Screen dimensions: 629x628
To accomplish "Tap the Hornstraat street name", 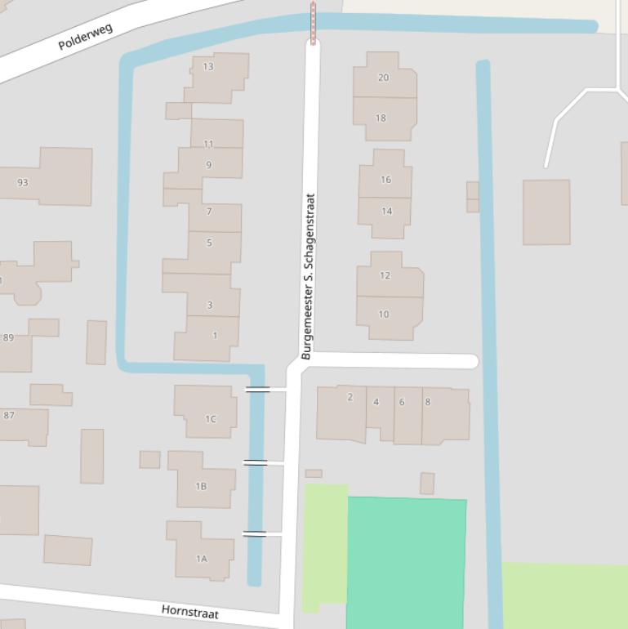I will coord(189,611).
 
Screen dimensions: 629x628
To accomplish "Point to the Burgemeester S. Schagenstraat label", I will coord(307,276).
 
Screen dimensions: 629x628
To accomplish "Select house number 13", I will coord(208,66).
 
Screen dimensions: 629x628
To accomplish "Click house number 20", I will coord(384,78).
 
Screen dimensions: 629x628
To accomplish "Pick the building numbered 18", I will coord(381,118).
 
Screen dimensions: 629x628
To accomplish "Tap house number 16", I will coord(385,180).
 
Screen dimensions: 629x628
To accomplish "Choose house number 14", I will coord(386,211).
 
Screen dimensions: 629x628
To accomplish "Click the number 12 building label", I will coord(385,275).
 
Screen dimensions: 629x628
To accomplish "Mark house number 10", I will coord(384,314).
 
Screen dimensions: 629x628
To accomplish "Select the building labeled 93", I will coord(23,182).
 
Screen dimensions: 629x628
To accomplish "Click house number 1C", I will coord(211,419).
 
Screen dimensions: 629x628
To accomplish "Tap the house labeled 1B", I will coord(201,486).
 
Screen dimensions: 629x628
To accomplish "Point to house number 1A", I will coord(201,559).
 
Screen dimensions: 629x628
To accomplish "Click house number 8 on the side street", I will coord(427,402).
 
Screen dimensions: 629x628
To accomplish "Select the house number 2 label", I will coord(350,397).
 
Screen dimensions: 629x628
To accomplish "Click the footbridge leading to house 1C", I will coord(257,390).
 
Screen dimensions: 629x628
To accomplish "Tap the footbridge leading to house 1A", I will coord(255,533).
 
